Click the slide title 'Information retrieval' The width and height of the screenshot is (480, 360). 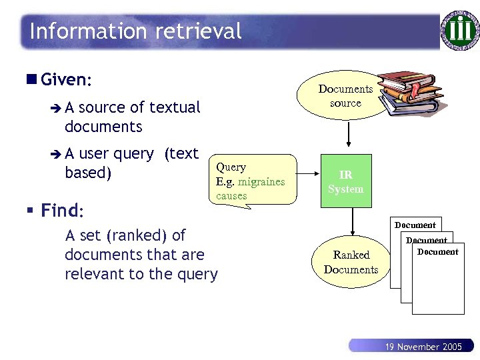[x=135, y=31]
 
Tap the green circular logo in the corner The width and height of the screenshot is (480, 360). [x=459, y=30]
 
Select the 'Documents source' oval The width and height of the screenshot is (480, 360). [x=345, y=96]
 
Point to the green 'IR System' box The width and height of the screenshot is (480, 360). [x=345, y=182]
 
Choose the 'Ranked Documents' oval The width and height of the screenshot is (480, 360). [x=351, y=262]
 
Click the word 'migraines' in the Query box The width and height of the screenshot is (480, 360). [x=262, y=181]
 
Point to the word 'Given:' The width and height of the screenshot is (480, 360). [x=65, y=80]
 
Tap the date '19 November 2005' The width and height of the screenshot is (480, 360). [x=424, y=347]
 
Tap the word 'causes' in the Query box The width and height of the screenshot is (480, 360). [x=231, y=196]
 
